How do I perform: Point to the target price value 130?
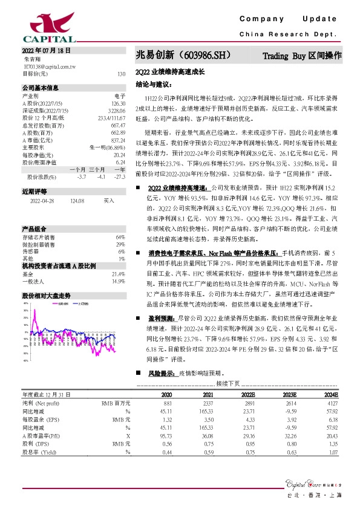(121, 74)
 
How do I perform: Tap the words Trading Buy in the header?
(284, 56)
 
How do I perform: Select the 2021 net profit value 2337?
(208, 402)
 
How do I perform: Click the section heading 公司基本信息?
(41, 88)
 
